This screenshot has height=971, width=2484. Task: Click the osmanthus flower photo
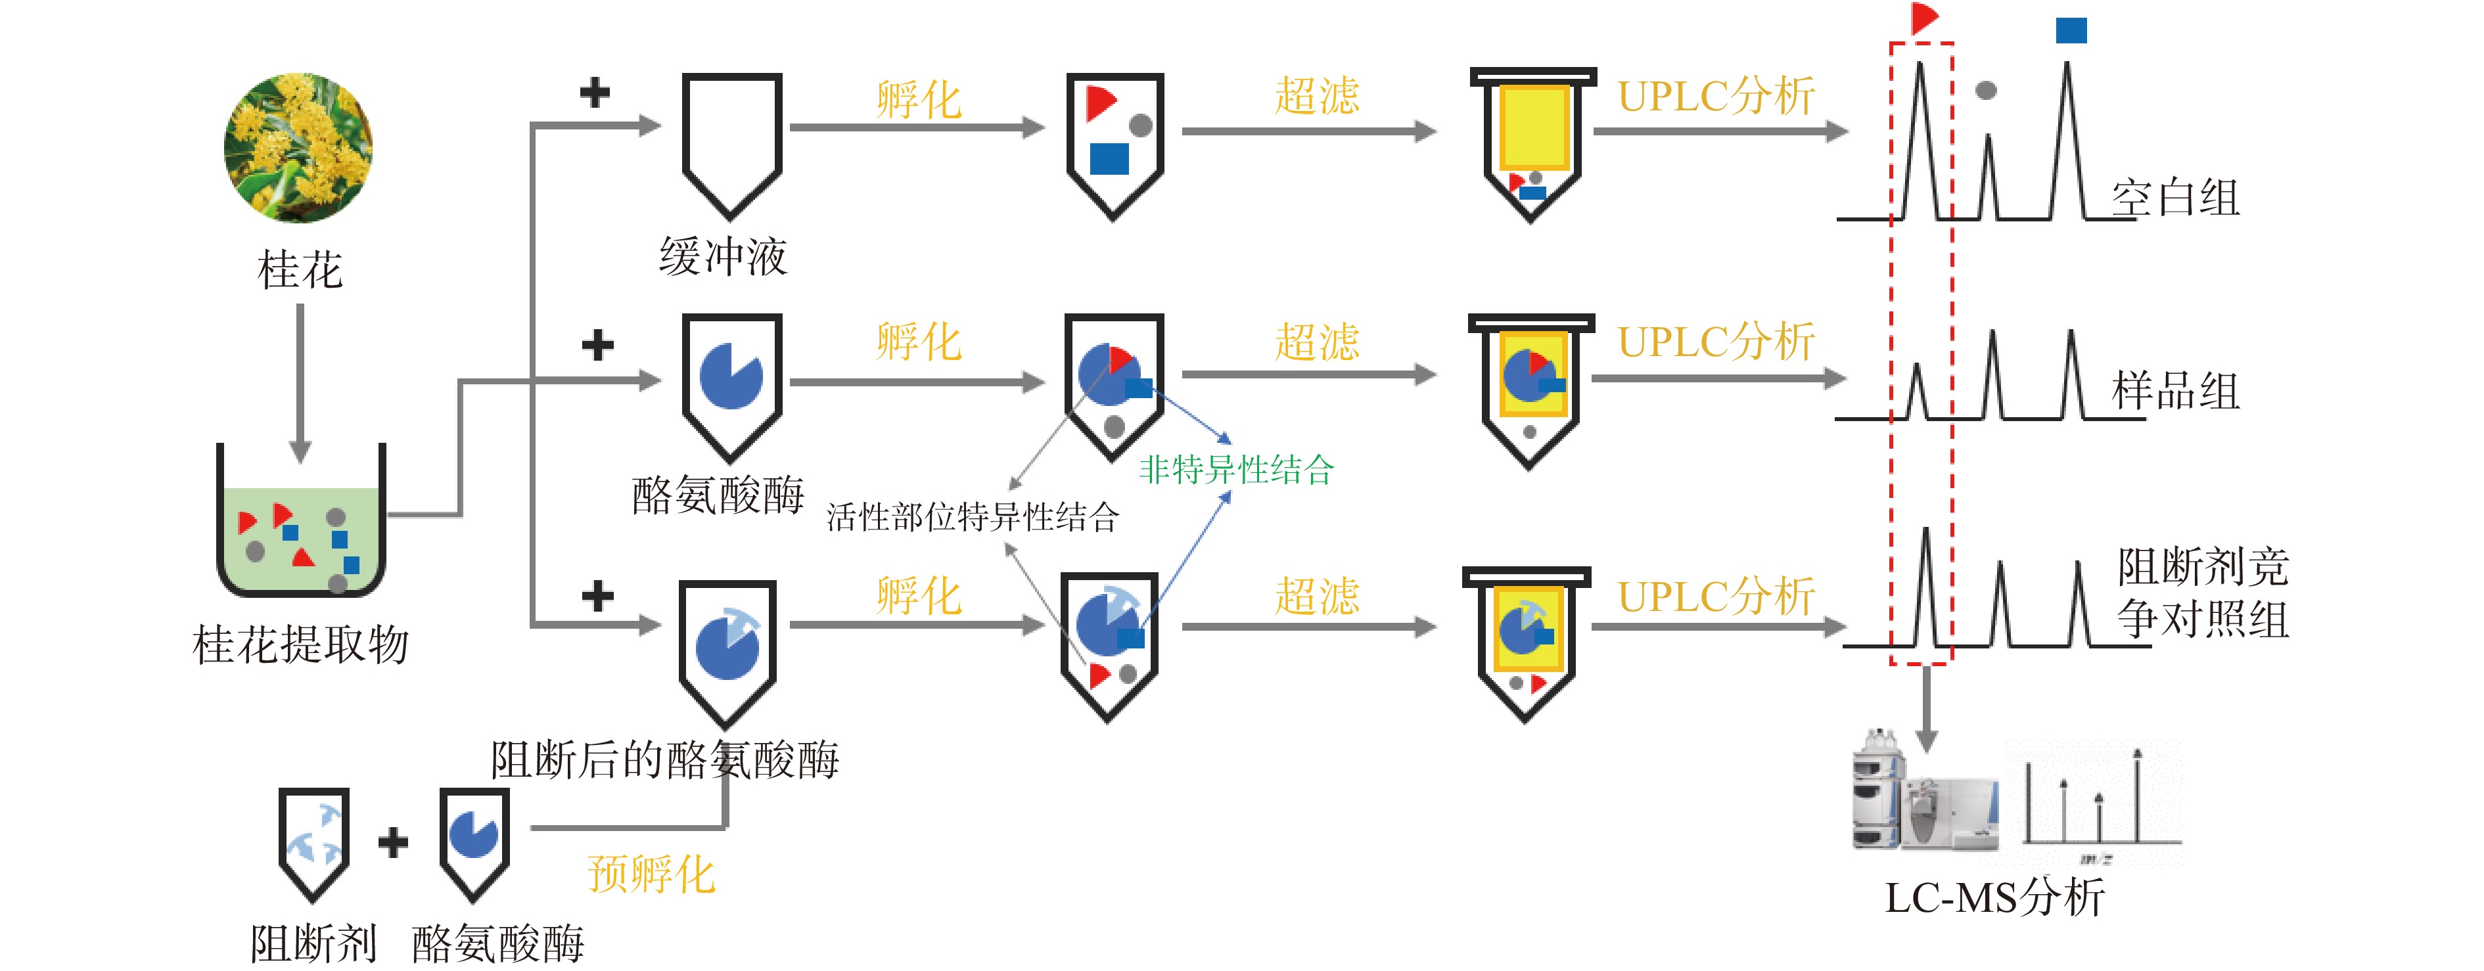coord(298,148)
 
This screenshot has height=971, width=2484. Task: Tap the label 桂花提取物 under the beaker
coord(301,644)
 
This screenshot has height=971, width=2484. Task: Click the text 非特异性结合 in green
coord(1236,470)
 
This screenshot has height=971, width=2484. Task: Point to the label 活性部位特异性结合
coord(972,518)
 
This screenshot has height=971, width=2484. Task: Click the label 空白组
coord(2174,198)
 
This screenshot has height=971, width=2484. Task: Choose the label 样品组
coord(2174,392)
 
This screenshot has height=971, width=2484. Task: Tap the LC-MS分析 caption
coord(1994,897)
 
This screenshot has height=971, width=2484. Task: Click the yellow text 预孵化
coord(651,874)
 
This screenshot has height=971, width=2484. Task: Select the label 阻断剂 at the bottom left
coord(313,943)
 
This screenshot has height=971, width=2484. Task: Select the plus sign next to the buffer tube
coord(595,93)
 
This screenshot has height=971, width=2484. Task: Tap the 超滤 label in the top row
coord(1316,97)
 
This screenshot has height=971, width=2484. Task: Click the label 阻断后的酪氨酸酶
coord(664,760)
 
